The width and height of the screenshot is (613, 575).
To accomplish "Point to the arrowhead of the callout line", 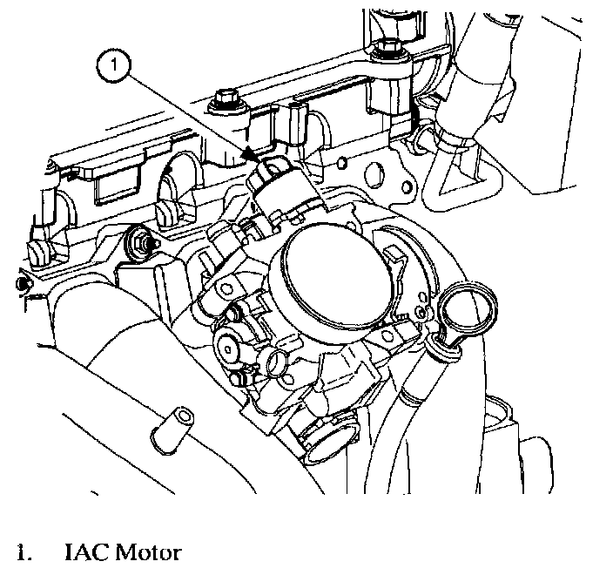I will point(250,154).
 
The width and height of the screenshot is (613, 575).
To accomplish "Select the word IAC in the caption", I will point(84,552).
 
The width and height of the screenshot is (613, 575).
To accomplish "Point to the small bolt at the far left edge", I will point(22,284).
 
